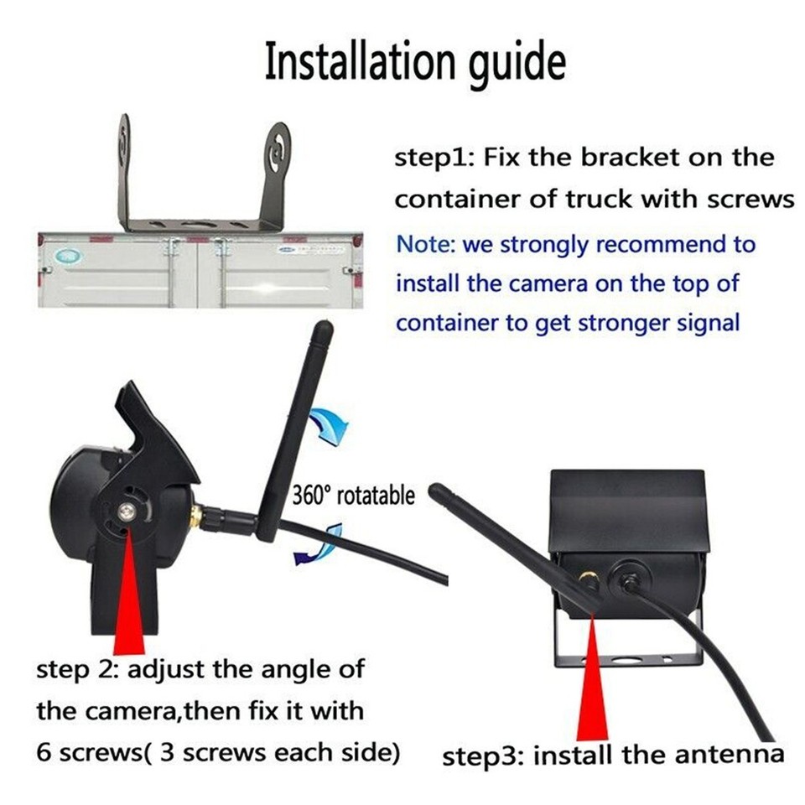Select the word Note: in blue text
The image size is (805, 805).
click(x=426, y=245)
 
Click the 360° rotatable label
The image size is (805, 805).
click(x=353, y=494)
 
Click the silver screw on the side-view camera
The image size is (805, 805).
click(x=127, y=512)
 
